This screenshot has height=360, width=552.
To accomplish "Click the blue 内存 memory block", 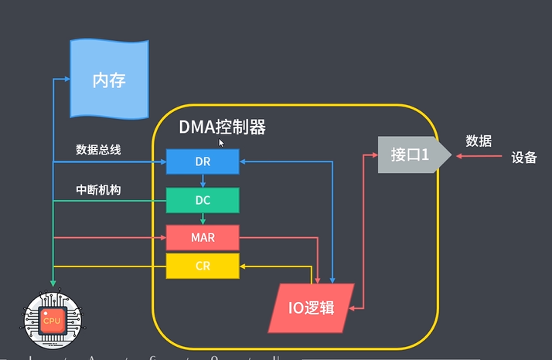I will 108,79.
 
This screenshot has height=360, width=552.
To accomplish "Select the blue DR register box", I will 203,161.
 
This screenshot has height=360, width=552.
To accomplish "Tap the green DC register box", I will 203,200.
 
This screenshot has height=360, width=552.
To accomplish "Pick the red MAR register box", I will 203,238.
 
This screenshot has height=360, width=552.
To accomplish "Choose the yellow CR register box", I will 203,267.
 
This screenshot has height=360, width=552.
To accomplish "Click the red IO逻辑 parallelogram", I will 311,307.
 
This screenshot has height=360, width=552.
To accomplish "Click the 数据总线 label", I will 98,149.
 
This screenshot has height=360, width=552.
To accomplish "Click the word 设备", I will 523,157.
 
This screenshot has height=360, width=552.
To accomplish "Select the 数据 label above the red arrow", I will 479,141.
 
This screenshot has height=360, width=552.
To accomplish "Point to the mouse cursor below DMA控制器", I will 221,143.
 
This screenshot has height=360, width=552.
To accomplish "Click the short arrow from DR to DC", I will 203,181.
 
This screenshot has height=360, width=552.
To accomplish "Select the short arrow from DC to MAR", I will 203,219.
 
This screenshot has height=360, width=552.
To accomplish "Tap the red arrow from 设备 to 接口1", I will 479,156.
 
